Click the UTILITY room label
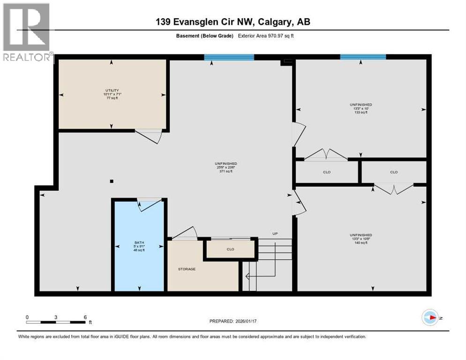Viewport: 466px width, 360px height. (x=111, y=90)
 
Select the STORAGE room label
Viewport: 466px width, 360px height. (x=186, y=269)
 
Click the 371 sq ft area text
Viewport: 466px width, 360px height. (x=223, y=172)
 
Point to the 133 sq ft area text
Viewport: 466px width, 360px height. (x=361, y=112)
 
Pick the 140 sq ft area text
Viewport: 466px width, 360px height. (x=361, y=243)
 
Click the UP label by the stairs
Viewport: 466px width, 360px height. (x=275, y=233)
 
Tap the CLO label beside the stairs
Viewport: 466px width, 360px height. (x=230, y=249)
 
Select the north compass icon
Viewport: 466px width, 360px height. (x=430, y=317)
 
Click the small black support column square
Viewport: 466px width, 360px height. (x=111, y=181)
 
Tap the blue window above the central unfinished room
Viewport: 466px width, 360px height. (x=229, y=58)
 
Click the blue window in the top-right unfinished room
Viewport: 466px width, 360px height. (x=363, y=57)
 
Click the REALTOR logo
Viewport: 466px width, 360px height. (x=26, y=33)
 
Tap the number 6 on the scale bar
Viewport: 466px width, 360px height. (x=85, y=317)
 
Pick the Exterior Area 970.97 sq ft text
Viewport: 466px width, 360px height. (x=266, y=36)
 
